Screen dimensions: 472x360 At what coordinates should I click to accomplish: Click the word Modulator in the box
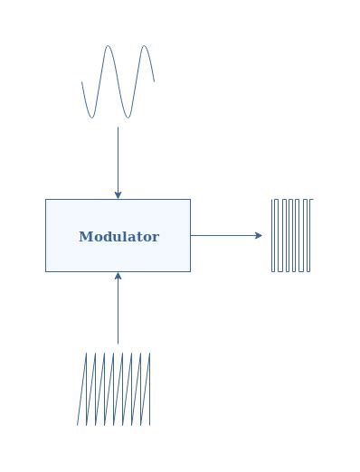coord(118,237)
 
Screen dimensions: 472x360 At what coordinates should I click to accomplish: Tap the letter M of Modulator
coord(85,237)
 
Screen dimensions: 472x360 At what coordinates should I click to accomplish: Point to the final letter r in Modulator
coord(156,238)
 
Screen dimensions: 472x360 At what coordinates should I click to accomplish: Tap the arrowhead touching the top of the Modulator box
coord(118,194)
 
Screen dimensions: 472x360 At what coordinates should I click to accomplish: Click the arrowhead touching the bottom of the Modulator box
coord(118,276)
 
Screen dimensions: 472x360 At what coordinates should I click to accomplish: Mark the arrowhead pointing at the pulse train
coord(259,235)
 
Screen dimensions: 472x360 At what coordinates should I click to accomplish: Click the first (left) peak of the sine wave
coord(109,46)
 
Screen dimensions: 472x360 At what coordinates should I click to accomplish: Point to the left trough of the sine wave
coord(90,117)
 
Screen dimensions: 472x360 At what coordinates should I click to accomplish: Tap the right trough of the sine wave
coord(128,117)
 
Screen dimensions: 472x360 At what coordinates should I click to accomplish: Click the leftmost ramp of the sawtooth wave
coord(81,389)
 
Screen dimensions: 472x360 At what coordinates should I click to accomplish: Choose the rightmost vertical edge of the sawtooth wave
coord(149,389)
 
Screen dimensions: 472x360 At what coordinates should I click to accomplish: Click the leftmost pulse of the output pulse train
coord(273,235)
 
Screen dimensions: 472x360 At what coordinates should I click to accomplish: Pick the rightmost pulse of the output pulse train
coord(308,235)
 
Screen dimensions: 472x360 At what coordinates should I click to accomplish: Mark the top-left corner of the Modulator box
coord(46,200)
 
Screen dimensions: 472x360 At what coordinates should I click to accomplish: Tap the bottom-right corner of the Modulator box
coord(190,270)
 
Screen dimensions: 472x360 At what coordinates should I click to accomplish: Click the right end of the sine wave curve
coord(154,81)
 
